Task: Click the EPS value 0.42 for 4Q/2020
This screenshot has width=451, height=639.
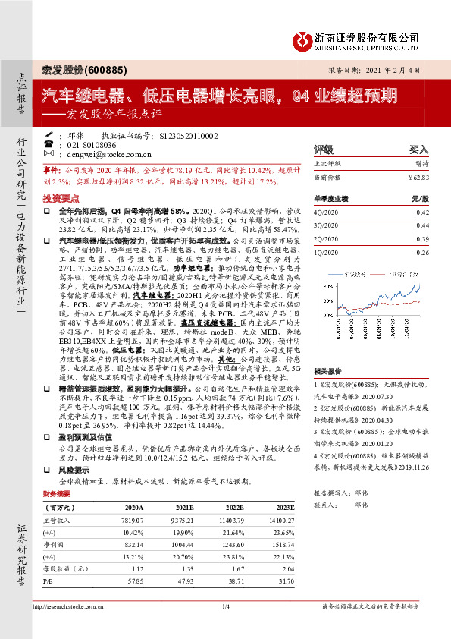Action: tap(433, 212)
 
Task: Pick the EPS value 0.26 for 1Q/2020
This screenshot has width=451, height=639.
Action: tap(433, 252)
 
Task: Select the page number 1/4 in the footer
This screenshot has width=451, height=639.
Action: tap(225, 606)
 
